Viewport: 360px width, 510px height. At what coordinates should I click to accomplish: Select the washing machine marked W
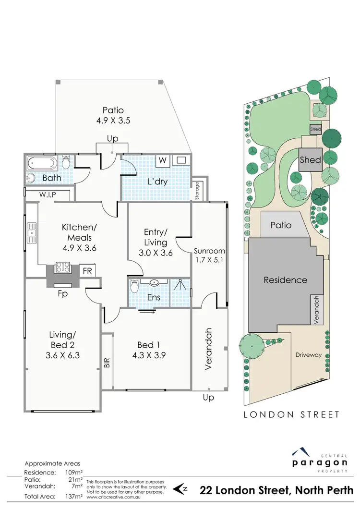[x=163, y=160]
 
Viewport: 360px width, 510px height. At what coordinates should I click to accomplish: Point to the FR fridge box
[x=87, y=271]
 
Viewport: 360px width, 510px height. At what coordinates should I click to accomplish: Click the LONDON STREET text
[x=291, y=414]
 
